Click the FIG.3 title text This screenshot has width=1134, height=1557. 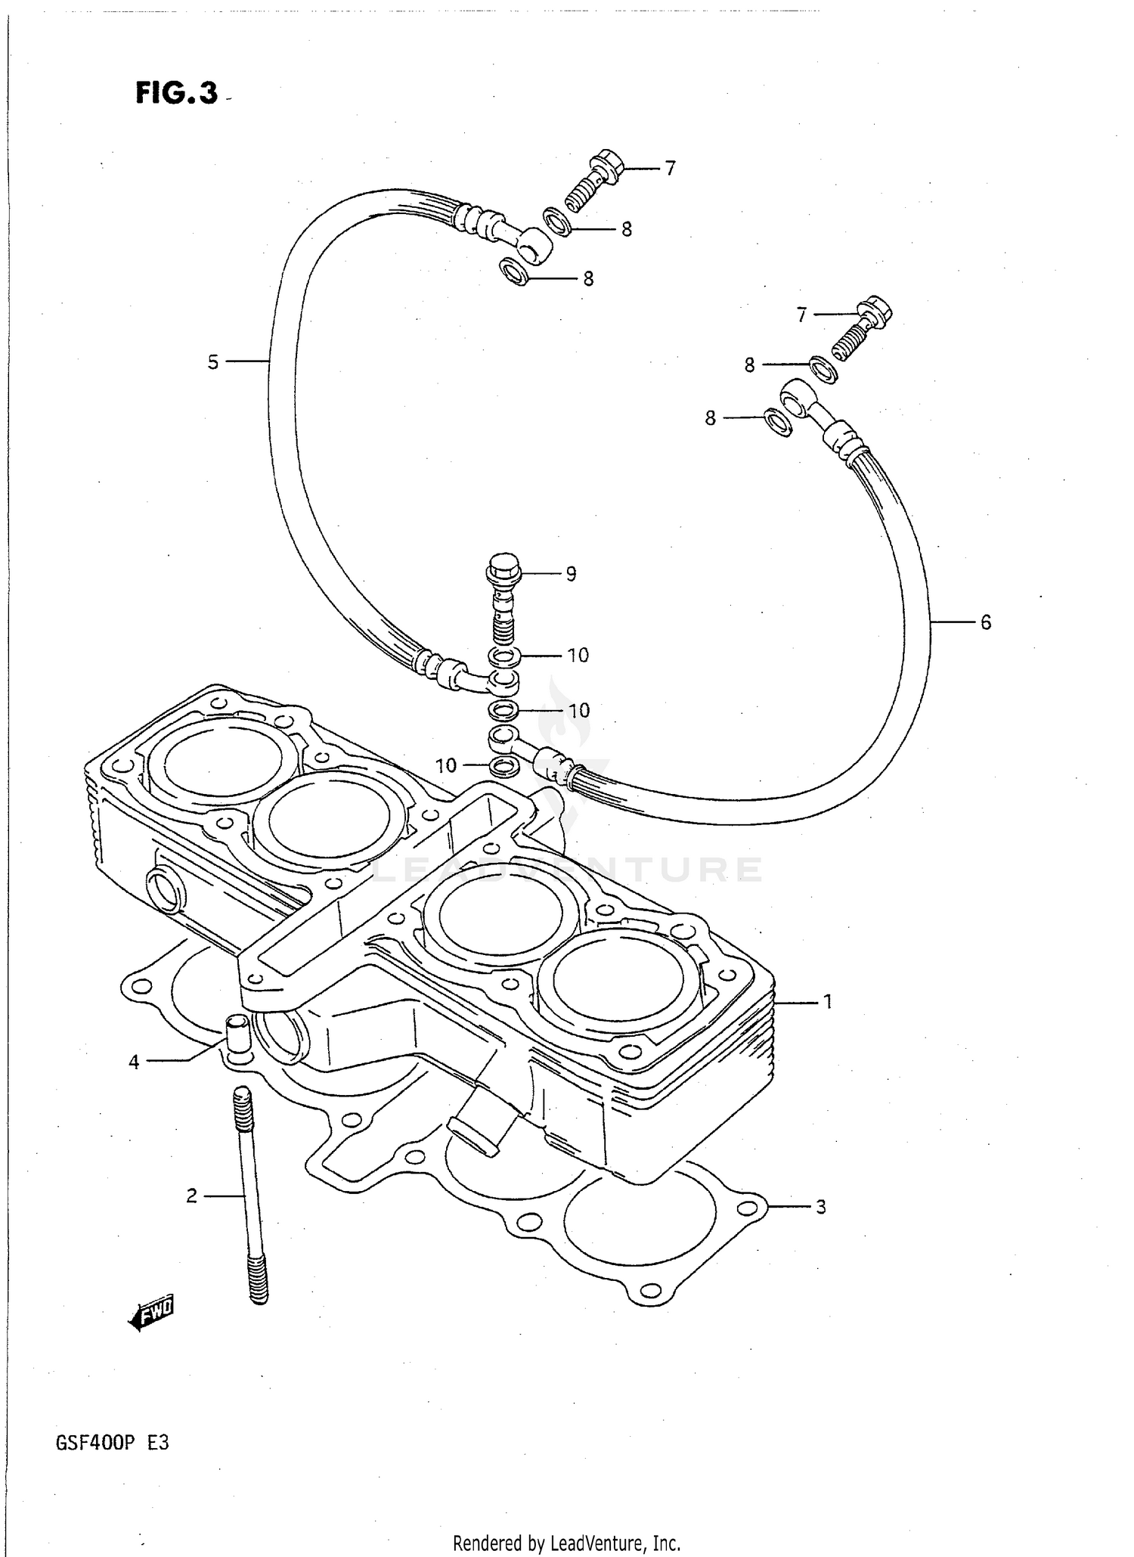coord(177,93)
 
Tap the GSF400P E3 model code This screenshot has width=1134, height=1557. coord(112,1443)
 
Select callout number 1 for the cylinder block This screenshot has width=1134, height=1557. coord(828,1002)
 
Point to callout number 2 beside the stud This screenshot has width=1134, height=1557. coord(191,1196)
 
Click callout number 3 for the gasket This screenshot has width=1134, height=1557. coord(821,1207)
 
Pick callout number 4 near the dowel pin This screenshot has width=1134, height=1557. coord(134,1062)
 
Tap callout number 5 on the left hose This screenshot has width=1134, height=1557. coord(213,362)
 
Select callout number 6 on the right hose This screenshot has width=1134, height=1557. coord(986,622)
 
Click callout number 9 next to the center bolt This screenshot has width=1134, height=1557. coord(571,574)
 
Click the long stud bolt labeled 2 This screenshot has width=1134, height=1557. coord(251,1195)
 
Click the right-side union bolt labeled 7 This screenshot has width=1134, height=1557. coord(862,328)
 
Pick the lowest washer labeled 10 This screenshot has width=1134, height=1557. coord(504,767)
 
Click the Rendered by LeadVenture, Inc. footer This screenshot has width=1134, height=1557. coord(566,1543)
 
